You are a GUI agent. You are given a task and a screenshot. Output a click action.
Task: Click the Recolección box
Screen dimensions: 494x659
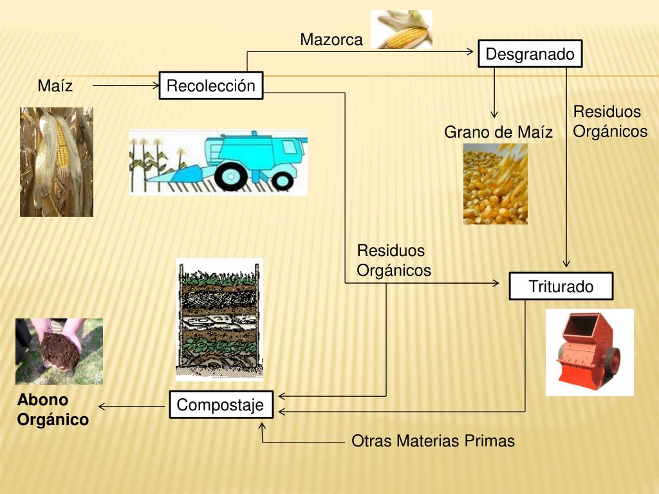tap(211, 86)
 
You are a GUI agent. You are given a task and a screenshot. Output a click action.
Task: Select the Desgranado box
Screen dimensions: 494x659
tap(530, 54)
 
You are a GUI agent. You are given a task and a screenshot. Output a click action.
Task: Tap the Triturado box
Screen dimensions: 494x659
tap(561, 286)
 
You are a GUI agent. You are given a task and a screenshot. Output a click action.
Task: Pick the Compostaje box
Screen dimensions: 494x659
tap(221, 405)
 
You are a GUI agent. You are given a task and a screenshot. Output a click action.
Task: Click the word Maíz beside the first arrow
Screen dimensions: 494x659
tap(55, 86)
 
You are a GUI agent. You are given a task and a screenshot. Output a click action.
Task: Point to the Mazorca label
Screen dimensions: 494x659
tap(331, 40)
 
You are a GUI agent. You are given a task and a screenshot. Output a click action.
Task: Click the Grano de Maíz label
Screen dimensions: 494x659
tap(498, 133)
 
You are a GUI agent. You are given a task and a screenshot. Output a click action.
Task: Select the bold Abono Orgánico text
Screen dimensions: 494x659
tap(53, 410)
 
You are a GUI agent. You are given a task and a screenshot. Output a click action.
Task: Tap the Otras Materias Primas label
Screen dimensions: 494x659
tap(433, 441)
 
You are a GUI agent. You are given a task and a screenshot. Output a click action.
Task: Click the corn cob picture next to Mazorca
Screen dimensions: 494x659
tap(402, 30)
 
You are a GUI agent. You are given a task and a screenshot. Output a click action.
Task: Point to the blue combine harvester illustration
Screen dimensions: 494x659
tap(218, 162)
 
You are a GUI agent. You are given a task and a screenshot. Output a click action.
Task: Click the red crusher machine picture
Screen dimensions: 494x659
tap(589, 352)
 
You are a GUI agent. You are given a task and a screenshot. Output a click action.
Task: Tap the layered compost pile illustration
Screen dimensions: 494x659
tap(219, 319)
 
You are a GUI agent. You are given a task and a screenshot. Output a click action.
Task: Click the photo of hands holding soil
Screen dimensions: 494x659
tap(59, 351)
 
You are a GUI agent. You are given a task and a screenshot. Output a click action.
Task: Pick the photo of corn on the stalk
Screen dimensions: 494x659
tap(57, 161)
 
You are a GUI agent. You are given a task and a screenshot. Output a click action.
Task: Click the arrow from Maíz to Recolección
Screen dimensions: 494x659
tap(125, 85)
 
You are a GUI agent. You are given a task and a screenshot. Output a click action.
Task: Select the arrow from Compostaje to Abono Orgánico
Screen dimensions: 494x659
tap(132, 407)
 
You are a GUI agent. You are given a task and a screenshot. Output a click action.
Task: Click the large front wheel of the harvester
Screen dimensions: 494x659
tap(230, 175)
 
